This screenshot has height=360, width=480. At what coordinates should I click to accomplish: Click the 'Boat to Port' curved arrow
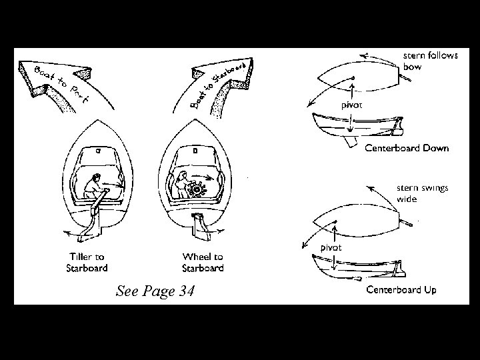[57, 84]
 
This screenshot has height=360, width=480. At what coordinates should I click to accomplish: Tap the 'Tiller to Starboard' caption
[85, 262]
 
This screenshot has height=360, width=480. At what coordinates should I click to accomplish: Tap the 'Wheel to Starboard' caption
[203, 262]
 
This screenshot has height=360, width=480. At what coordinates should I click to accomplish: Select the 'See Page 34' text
[155, 291]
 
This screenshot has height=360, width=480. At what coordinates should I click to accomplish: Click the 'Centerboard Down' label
[406, 148]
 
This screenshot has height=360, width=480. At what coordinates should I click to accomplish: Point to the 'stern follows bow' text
[431, 62]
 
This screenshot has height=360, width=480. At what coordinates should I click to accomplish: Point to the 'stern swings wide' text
[423, 193]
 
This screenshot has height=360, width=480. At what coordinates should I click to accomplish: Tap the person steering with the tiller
[95, 187]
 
